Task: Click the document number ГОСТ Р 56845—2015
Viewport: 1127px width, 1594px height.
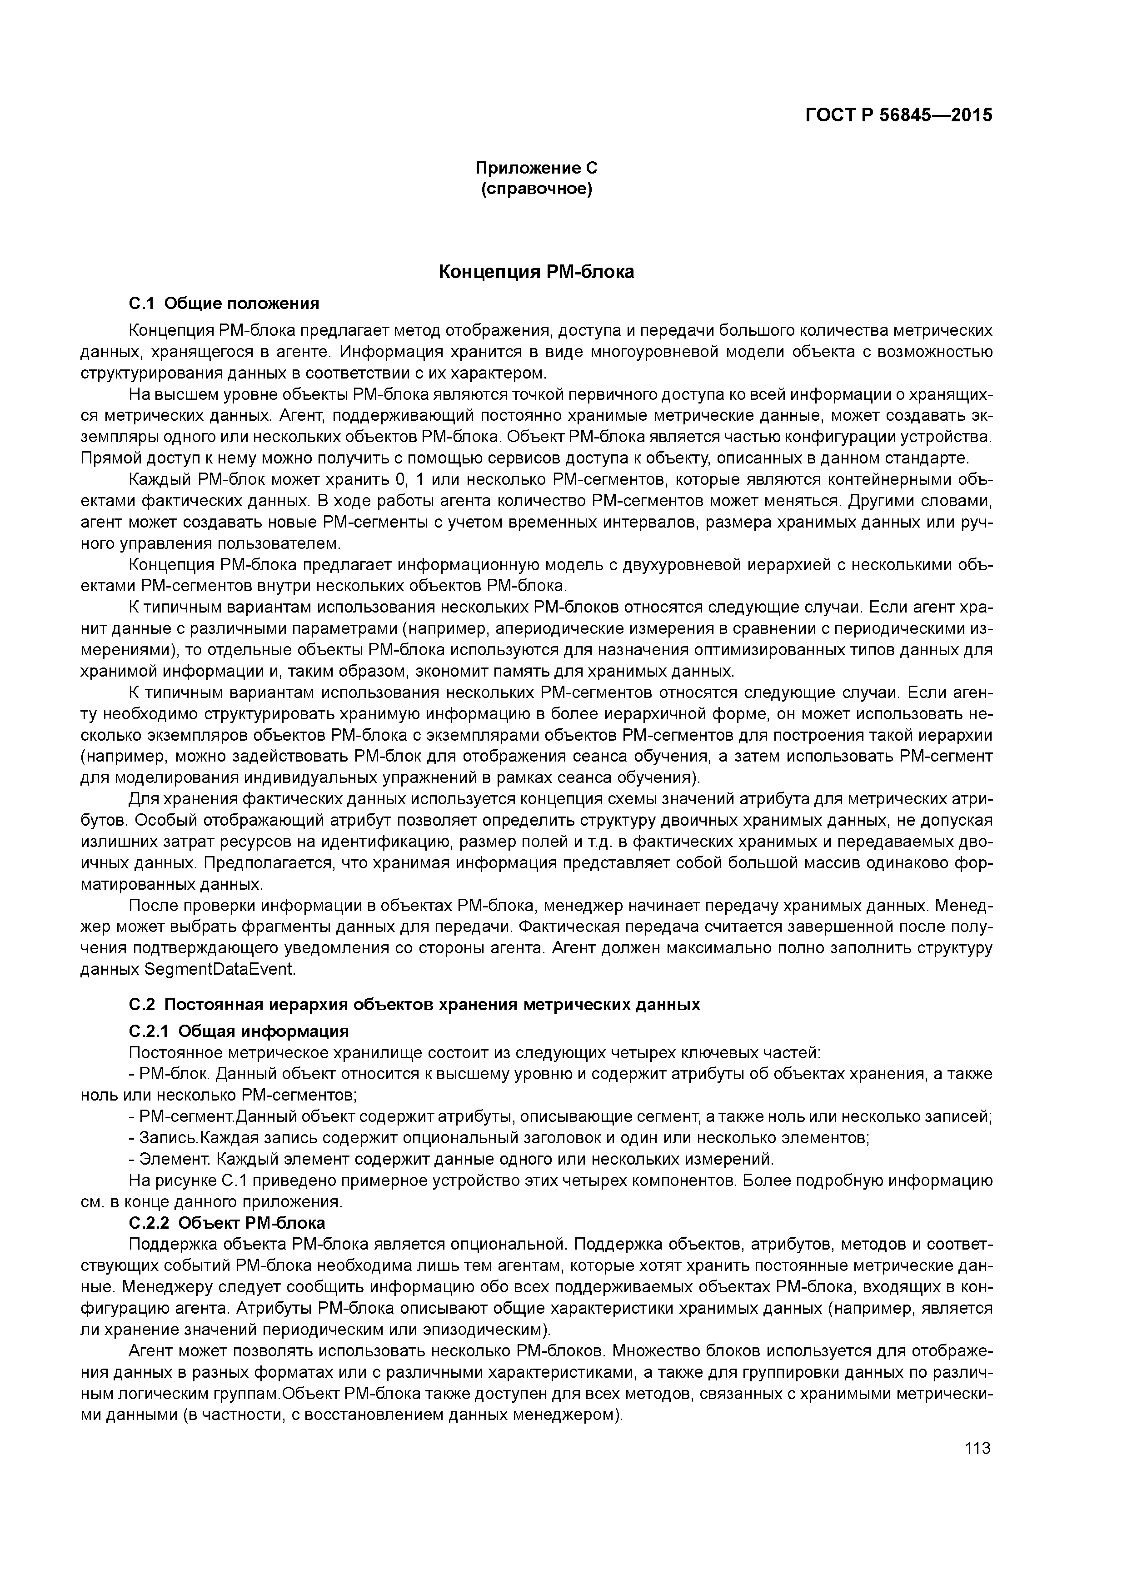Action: (898, 115)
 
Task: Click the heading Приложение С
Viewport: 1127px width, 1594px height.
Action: (536, 168)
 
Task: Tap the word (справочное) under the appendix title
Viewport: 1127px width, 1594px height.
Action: (536, 189)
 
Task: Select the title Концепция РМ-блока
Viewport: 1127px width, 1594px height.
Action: (536, 272)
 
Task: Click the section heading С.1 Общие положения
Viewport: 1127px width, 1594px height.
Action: (224, 304)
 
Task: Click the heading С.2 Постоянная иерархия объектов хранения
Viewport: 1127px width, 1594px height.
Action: (414, 1005)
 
